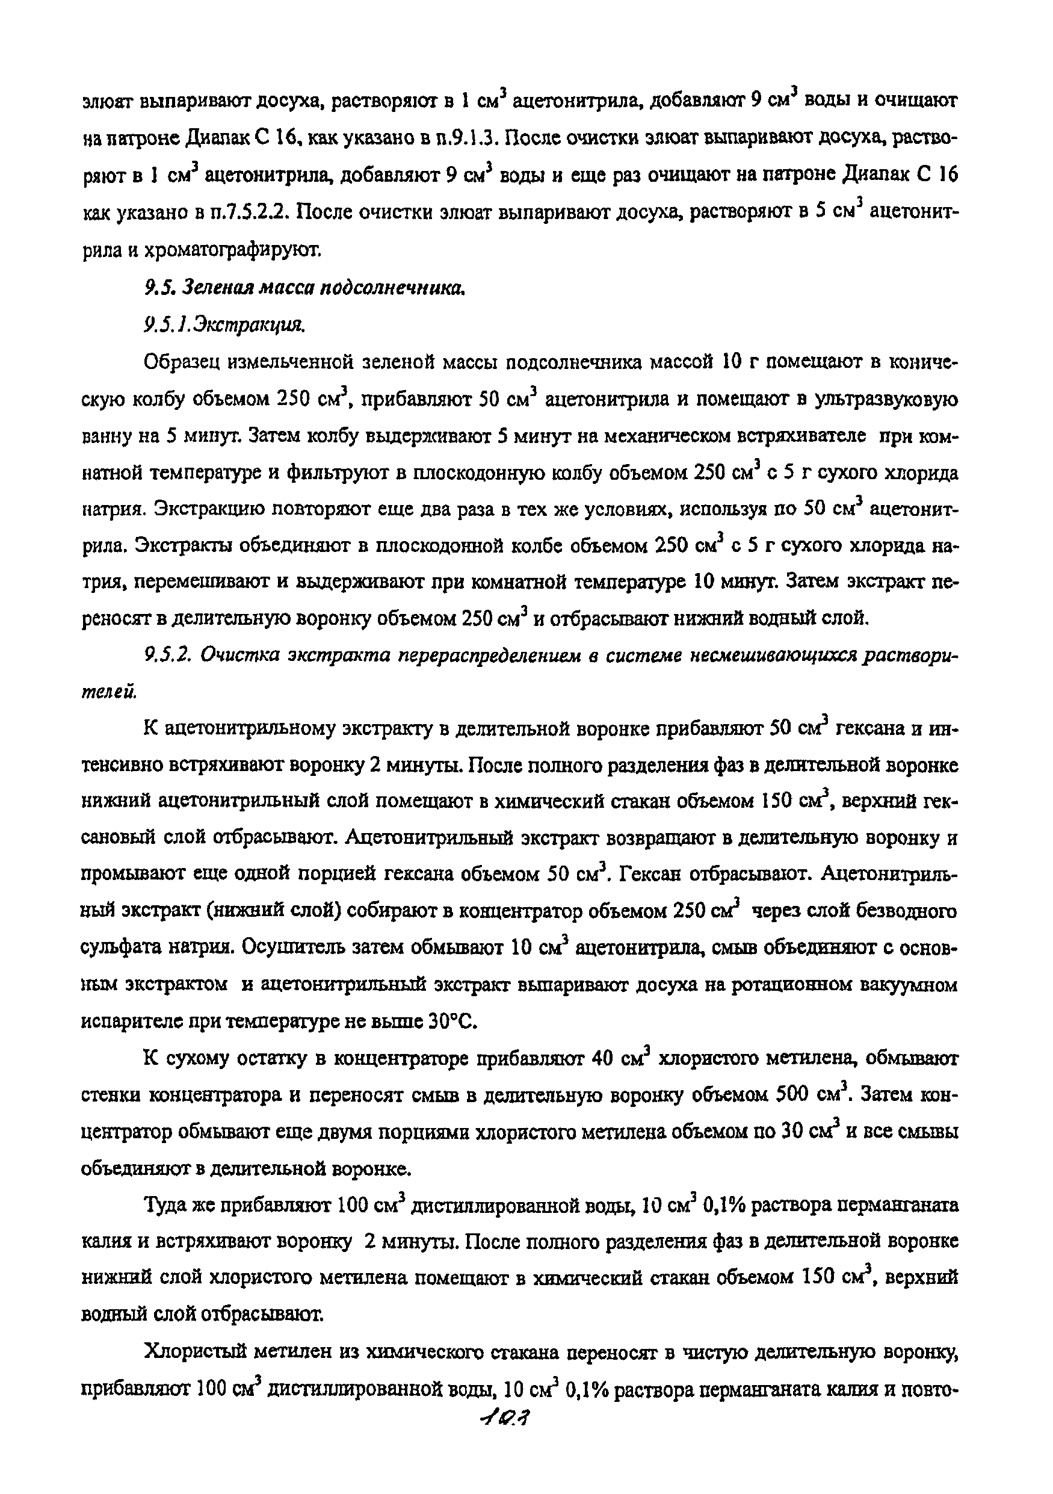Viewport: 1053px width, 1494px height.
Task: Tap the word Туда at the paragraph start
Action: [165, 1206]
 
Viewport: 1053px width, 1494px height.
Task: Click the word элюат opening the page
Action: [108, 102]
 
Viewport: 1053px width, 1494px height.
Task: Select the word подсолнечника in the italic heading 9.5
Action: [394, 287]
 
